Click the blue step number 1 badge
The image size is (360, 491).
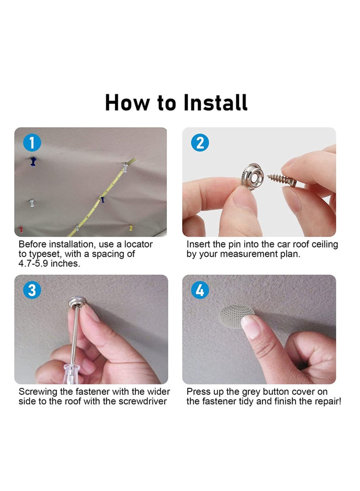click(32, 143)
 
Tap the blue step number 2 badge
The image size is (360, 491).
click(200, 143)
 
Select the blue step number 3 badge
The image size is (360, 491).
click(32, 290)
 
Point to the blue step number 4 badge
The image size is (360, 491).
click(200, 290)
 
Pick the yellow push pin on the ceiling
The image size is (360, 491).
click(131, 228)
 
